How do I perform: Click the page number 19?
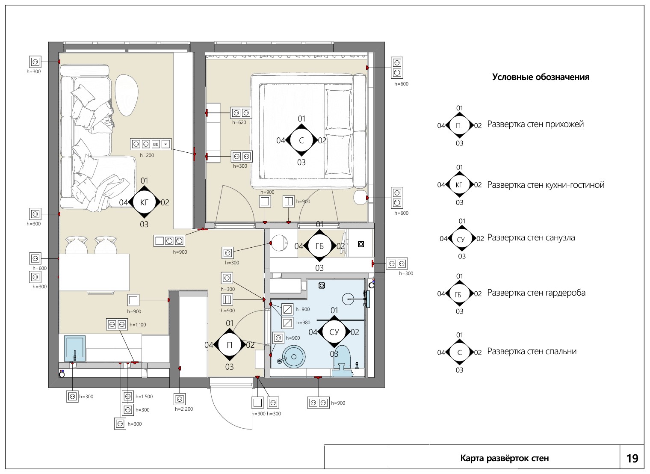632,458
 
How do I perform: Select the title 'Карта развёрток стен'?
505,458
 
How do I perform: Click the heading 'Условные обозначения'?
541,77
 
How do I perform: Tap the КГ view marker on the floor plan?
144,202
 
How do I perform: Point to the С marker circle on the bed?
301,140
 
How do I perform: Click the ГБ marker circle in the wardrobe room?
319,246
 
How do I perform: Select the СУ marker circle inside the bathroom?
334,332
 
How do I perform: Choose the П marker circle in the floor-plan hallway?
229,345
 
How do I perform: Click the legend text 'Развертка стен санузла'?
531,238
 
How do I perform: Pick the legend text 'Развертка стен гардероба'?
536,293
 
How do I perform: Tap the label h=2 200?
184,409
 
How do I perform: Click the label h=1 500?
144,397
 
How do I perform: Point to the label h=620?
239,122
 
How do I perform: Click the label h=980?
303,323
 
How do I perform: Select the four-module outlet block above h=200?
151,144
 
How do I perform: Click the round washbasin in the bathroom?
294,357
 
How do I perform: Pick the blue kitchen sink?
74,349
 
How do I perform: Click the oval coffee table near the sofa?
127,95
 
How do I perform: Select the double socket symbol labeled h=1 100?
117,325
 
